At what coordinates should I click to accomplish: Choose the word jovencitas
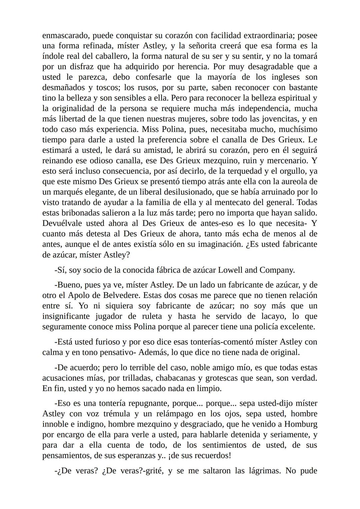(x=280, y=119)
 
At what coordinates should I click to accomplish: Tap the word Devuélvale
(x=63, y=223)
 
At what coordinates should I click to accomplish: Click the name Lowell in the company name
(x=230, y=270)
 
